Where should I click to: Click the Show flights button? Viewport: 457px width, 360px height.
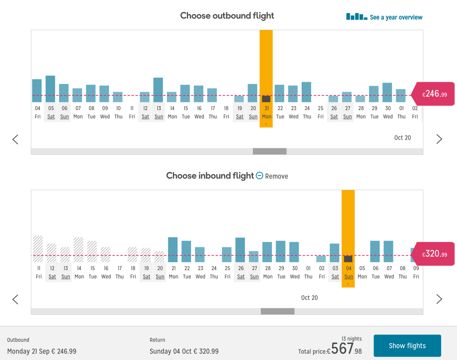(x=407, y=346)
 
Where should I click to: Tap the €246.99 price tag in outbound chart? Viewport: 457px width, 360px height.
(x=434, y=94)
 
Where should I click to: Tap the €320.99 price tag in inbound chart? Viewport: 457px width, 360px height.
(x=434, y=254)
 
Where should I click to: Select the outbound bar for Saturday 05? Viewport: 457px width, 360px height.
(x=50, y=89)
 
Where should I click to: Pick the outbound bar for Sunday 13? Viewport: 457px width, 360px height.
(x=158, y=90)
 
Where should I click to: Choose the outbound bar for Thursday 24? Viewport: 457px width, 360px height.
(x=306, y=92)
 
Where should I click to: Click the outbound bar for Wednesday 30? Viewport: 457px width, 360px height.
(x=387, y=92)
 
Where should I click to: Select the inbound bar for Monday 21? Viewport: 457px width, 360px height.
(x=173, y=250)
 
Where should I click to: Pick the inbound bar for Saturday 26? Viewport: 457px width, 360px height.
(x=240, y=250)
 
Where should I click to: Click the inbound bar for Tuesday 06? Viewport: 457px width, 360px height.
(x=375, y=252)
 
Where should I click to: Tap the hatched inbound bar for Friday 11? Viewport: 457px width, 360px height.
(x=38, y=249)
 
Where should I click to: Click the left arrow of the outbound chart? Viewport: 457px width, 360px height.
(x=15, y=139)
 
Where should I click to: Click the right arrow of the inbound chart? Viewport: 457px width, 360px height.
(x=439, y=299)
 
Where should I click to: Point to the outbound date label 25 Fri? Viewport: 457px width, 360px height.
(x=321, y=112)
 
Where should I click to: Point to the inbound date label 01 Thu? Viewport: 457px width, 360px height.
(x=308, y=272)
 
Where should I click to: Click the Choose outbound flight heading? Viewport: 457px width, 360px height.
(x=227, y=16)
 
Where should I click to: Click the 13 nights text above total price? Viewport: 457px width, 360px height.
(x=352, y=339)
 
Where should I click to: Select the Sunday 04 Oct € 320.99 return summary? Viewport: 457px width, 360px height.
(x=184, y=351)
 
